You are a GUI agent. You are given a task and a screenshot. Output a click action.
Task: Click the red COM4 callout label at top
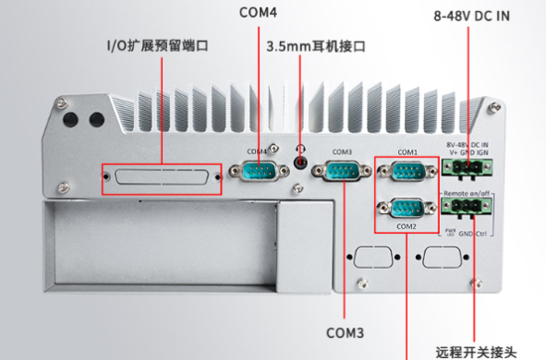pyautogui.click(x=258, y=13)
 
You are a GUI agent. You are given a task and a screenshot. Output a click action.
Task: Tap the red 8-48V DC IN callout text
pyautogui.click(x=471, y=16)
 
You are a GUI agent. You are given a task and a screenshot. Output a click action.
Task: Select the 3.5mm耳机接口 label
pyautogui.click(x=317, y=45)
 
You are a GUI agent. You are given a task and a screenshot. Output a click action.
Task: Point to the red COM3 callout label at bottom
pyautogui.click(x=347, y=330)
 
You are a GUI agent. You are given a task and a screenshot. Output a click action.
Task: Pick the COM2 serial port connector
pyautogui.click(x=407, y=209)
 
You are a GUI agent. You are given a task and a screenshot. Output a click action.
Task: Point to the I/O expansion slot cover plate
pyautogui.click(x=163, y=177)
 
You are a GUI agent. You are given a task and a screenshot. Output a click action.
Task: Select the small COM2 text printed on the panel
pyautogui.click(x=407, y=225)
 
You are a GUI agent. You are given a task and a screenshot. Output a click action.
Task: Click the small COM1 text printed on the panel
pyautogui.click(x=407, y=152)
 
